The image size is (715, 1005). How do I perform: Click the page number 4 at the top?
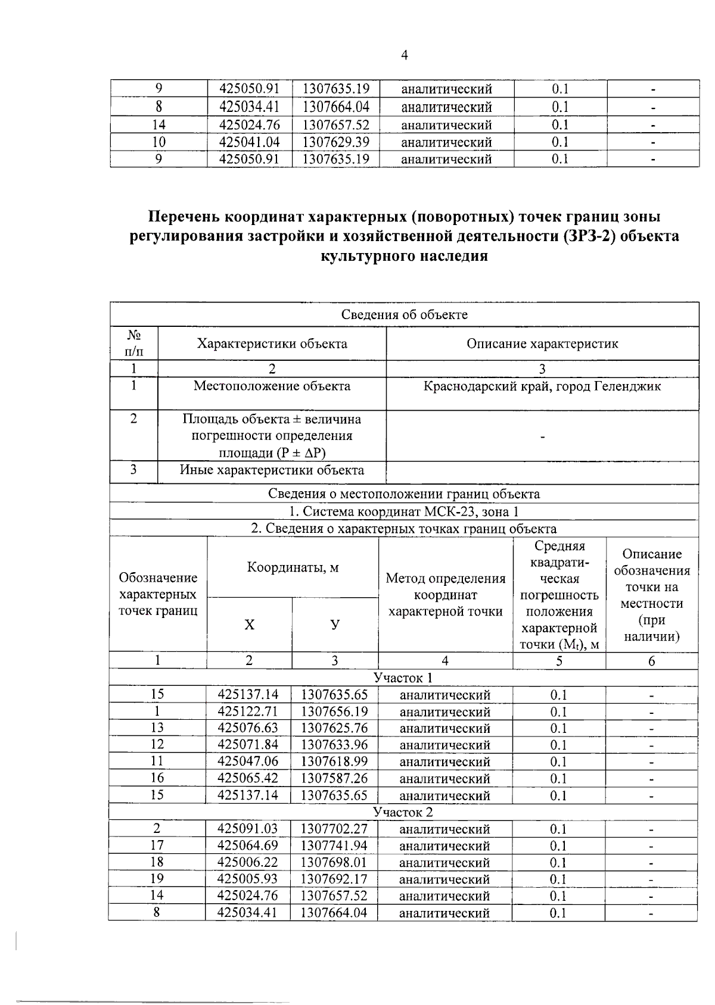pyautogui.click(x=405, y=55)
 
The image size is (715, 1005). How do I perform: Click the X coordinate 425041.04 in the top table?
pyautogui.click(x=250, y=142)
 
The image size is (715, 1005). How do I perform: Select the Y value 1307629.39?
pyautogui.click(x=336, y=142)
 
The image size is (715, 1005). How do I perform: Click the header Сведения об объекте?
pyautogui.click(x=404, y=314)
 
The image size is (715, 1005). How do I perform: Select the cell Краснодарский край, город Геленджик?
pyautogui.click(x=542, y=386)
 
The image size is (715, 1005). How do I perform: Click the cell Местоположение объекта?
pyautogui.click(x=272, y=386)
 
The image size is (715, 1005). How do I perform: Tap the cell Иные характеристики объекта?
pyautogui.click(x=272, y=470)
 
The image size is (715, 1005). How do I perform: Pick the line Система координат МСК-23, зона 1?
pyautogui.click(x=404, y=511)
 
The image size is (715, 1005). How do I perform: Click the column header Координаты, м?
pyautogui.click(x=293, y=567)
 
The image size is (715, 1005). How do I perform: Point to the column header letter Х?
pyautogui.click(x=249, y=625)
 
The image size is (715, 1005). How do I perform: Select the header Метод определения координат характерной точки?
pyautogui.click(x=445, y=594)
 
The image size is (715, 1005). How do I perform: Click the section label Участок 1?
pyautogui.click(x=403, y=678)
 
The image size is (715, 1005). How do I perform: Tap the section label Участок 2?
pyautogui.click(x=403, y=812)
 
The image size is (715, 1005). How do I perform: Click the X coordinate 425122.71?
pyautogui.click(x=248, y=711)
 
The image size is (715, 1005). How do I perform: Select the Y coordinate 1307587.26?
pyautogui.click(x=334, y=778)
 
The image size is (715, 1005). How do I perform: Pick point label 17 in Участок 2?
pyautogui.click(x=157, y=845)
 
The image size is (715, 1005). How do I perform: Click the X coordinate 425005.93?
pyautogui.click(x=248, y=879)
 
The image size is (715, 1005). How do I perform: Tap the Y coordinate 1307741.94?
pyautogui.click(x=334, y=845)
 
